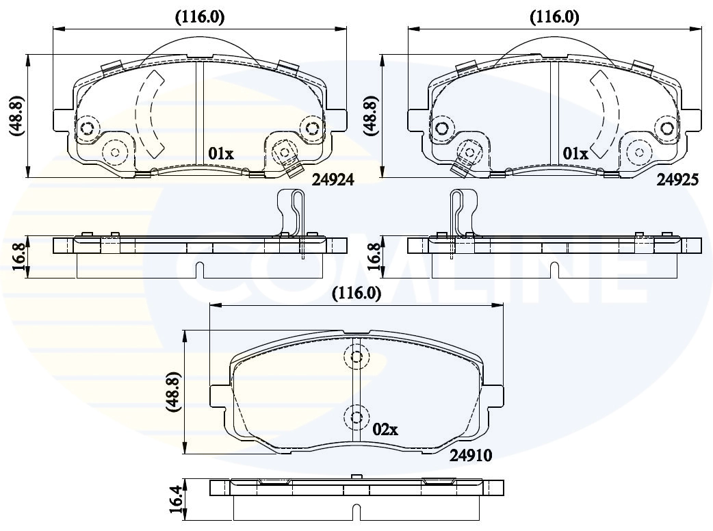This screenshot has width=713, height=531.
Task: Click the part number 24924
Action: pos(333,180)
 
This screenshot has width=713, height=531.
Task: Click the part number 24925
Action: pos(677,180)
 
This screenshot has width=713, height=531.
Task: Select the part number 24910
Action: pos(471,455)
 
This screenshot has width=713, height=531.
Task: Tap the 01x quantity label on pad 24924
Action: pos(221,154)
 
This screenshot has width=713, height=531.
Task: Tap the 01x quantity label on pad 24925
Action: pos(575,154)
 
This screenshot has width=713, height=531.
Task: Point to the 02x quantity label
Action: pos(385,429)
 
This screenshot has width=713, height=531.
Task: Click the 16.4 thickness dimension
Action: pos(176,499)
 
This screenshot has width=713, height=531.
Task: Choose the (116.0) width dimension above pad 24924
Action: pos(200,17)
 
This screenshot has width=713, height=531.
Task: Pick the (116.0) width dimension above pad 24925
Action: pos(554,17)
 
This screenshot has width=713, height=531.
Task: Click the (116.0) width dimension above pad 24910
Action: pos(356,294)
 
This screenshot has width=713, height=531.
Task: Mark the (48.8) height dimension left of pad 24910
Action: pos(174,392)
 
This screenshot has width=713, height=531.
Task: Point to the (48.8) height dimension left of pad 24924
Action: pos(16,116)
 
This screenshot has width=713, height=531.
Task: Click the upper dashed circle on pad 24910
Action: pos(356,357)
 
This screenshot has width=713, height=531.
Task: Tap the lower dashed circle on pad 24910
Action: pos(356,417)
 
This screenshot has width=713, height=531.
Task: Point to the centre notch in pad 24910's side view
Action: pos(356,512)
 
